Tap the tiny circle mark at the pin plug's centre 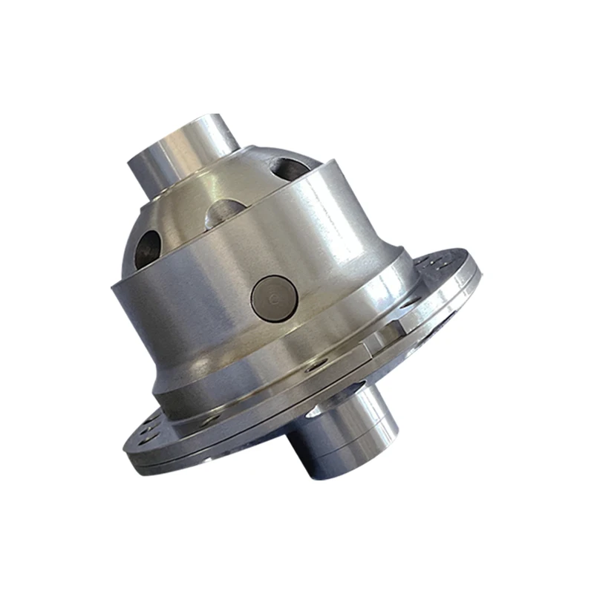(x=275, y=298)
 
